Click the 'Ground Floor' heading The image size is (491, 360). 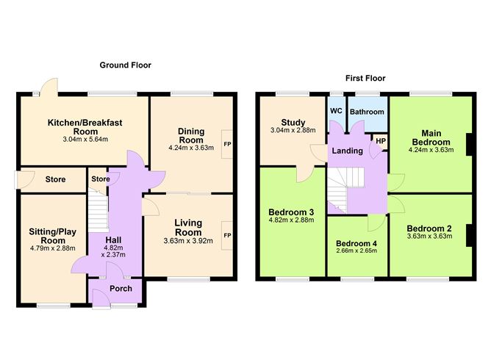126,65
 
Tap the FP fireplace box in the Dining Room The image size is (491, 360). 227,144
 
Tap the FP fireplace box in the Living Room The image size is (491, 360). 227,235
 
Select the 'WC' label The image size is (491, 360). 336,111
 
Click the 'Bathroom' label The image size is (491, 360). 367,112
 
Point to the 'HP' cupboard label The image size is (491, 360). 381,140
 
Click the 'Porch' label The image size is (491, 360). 121,289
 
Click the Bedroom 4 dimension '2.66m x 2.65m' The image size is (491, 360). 356,251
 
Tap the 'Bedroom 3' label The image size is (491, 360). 291,211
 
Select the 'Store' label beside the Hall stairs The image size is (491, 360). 101,179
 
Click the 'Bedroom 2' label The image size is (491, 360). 429,228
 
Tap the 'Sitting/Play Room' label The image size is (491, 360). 53,235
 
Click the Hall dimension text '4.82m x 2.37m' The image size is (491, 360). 115,251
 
